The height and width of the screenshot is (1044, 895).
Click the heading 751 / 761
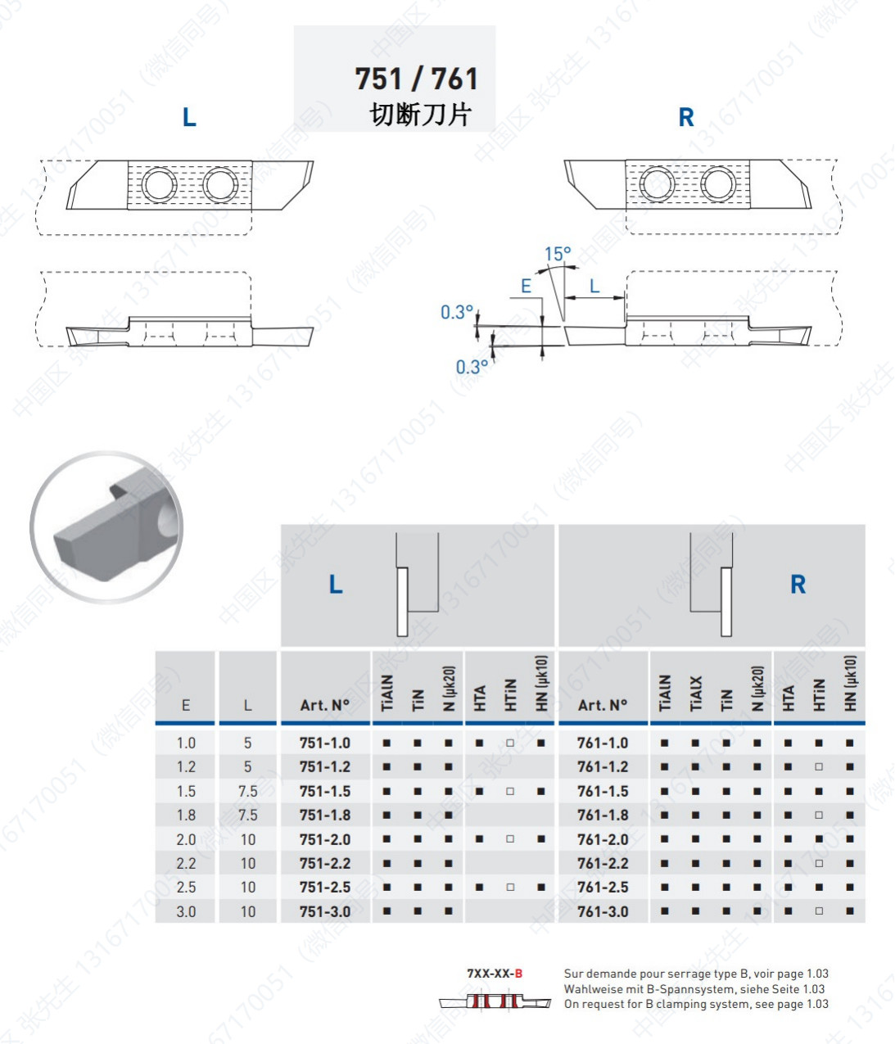(416, 79)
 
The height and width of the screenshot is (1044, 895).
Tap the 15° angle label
(558, 254)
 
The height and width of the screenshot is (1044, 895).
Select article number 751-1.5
(325, 791)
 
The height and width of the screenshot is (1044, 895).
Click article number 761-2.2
(603, 863)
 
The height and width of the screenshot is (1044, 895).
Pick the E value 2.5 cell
(186, 888)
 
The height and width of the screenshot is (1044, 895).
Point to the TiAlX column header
(695, 693)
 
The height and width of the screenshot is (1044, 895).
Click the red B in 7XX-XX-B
(518, 974)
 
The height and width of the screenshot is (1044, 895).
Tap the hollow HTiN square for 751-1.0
(510, 743)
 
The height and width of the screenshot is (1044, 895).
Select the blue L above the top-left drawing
(189, 118)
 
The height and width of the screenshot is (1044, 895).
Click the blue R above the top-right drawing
(686, 118)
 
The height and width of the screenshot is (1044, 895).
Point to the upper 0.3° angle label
(456, 312)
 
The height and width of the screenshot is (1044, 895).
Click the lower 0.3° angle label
(472, 367)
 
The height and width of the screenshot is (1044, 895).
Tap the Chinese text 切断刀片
(420, 114)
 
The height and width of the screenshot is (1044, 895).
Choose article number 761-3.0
(603, 911)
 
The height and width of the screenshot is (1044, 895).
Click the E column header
(186, 705)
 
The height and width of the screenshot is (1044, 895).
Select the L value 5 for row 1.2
(247, 767)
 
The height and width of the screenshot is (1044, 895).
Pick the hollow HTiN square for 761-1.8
(819, 816)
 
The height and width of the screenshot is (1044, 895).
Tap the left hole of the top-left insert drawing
(159, 184)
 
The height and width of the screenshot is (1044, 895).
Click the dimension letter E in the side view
(526, 286)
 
